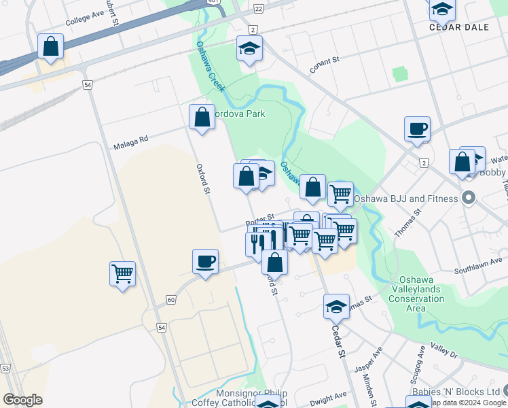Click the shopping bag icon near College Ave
click(x=50, y=47)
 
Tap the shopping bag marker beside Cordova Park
click(x=202, y=117)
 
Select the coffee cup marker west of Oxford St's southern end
click(x=204, y=262)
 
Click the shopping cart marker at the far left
click(x=122, y=274)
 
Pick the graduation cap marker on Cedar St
click(x=336, y=307)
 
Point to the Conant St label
click(x=324, y=62)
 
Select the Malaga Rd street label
click(x=130, y=142)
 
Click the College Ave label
click(x=85, y=18)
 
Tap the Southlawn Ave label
click(x=482, y=262)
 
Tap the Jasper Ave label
click(x=369, y=359)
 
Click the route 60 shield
click(x=170, y=299)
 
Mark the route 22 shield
click(x=258, y=8)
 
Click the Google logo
click(x=23, y=400)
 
